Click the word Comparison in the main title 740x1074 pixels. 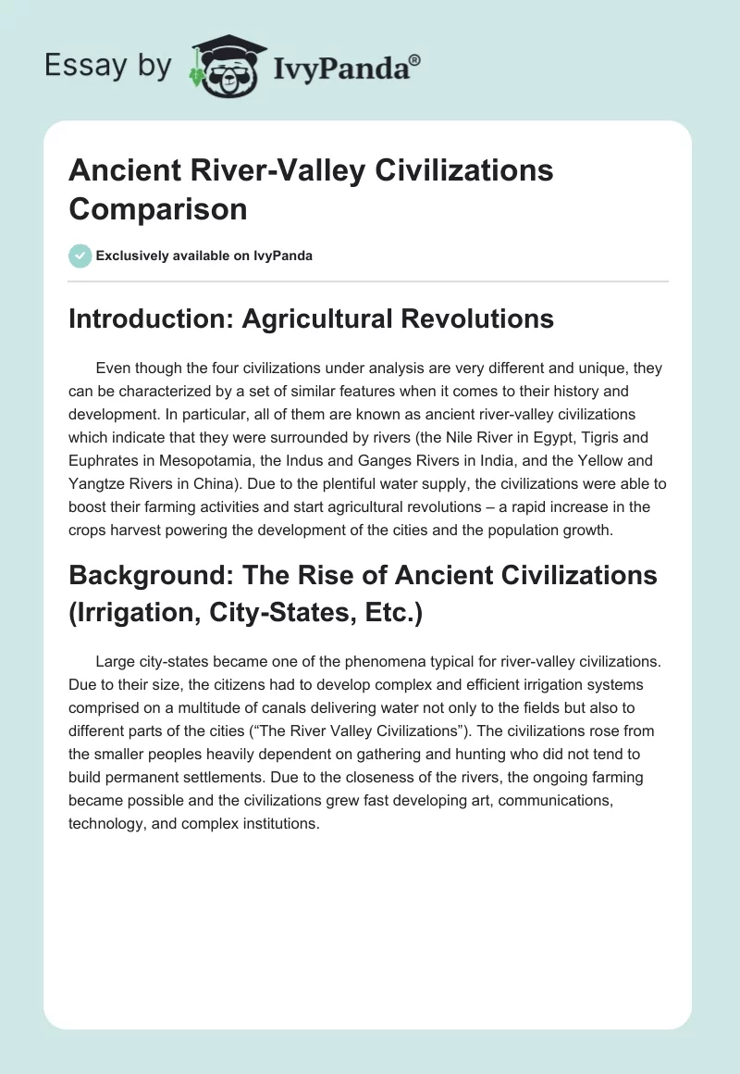pyautogui.click(x=158, y=209)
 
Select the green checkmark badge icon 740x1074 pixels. pyautogui.click(x=80, y=256)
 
